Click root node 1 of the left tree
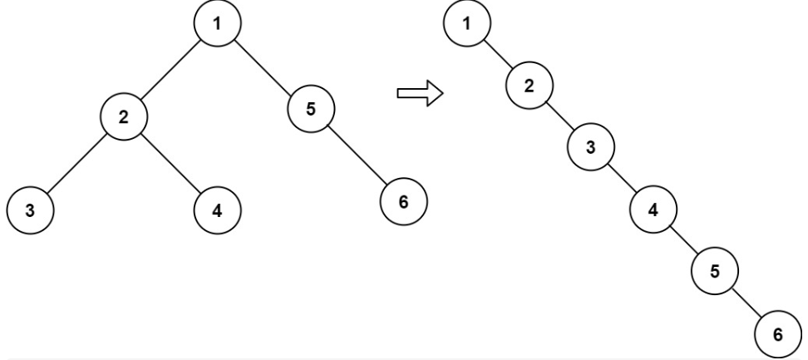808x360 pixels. [218, 23]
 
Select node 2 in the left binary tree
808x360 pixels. [124, 117]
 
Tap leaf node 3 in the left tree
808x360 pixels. [31, 210]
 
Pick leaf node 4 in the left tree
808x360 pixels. [218, 210]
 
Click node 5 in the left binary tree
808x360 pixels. [311, 109]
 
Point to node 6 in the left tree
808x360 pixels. [403, 201]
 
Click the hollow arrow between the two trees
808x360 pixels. [420, 93]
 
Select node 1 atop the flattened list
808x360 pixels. [467, 23]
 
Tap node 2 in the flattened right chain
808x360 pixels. [530, 86]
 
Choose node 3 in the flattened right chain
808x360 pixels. [591, 147]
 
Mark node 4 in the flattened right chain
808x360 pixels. [653, 210]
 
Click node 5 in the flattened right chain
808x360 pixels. [715, 271]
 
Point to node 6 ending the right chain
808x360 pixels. [778, 333]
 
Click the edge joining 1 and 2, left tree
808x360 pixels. [170, 70]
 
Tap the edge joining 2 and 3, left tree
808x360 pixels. [76, 164]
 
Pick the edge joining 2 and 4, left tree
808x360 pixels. [170, 164]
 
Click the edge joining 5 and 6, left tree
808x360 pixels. [357, 155]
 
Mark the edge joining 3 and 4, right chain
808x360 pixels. [622, 178]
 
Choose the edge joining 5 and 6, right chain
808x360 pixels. [746, 303]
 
